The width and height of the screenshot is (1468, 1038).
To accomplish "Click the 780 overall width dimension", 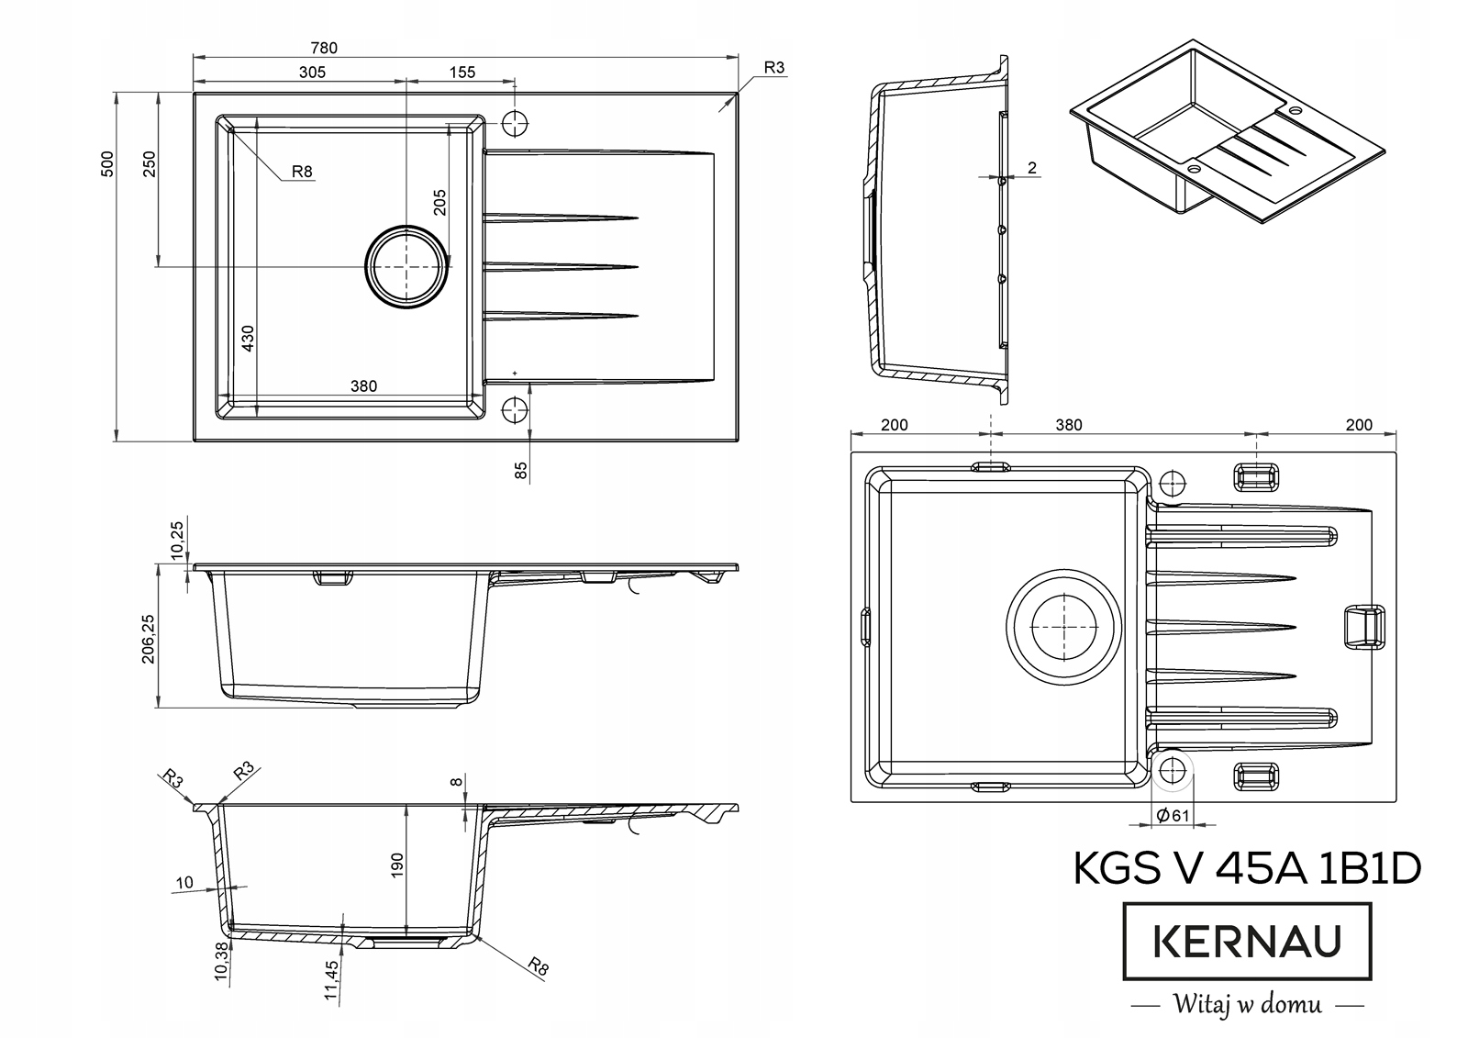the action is pyautogui.click(x=324, y=48).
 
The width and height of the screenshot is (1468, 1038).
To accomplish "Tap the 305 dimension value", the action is pyautogui.click(x=312, y=73).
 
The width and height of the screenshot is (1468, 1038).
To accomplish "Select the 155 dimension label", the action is pyautogui.click(x=462, y=73).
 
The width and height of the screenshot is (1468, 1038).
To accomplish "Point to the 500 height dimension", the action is pyautogui.click(x=107, y=164).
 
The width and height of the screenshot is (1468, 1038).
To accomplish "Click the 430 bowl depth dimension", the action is pyautogui.click(x=248, y=339).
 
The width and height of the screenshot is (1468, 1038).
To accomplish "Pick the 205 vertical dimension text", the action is pyautogui.click(x=439, y=202).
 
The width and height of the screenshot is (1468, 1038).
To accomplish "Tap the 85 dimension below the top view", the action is pyautogui.click(x=521, y=470).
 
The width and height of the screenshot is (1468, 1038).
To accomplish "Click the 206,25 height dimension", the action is pyautogui.click(x=148, y=639).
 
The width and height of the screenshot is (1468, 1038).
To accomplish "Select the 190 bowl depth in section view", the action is pyautogui.click(x=396, y=865).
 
